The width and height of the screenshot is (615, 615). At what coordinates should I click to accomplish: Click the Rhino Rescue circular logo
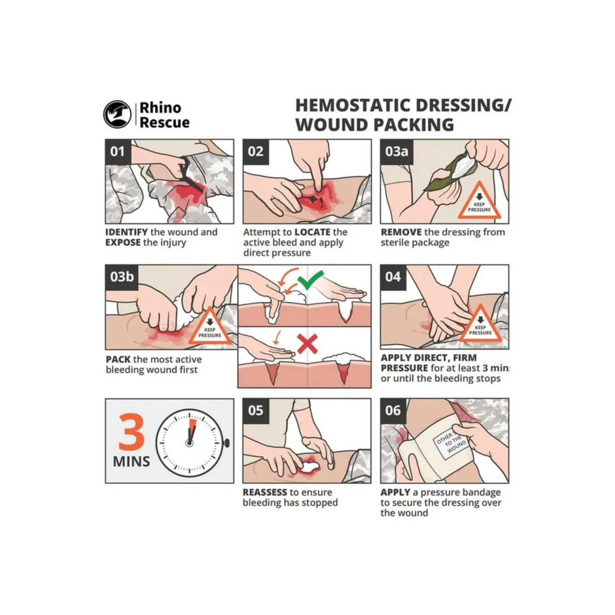tap(117, 114)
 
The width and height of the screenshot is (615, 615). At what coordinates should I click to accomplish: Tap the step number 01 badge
tap(117, 152)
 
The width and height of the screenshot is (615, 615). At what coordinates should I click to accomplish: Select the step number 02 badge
tap(256, 152)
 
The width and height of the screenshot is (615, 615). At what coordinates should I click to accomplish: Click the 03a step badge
tap(397, 152)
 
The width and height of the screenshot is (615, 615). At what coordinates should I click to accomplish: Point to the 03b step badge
tap(122, 277)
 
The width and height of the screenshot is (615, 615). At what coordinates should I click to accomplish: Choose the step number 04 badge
tap(393, 277)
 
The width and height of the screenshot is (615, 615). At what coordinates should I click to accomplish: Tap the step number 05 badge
tap(256, 411)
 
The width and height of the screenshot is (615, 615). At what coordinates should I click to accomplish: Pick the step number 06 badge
tap(393, 411)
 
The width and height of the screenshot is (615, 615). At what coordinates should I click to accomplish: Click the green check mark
tap(310, 280)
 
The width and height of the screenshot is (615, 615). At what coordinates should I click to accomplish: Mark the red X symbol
tap(307, 344)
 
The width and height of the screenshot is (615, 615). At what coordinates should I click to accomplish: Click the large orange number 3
tap(132, 432)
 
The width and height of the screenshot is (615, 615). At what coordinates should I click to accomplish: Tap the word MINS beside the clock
tap(132, 461)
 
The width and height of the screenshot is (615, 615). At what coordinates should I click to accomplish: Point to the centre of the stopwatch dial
tap(189, 443)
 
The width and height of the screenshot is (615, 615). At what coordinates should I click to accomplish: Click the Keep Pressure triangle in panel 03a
tap(479, 201)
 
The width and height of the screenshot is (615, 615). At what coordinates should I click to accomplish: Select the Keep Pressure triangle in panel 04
tap(480, 324)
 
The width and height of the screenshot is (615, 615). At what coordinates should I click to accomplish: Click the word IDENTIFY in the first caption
tap(126, 232)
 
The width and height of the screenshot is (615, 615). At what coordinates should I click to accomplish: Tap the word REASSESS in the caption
tap(264, 492)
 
